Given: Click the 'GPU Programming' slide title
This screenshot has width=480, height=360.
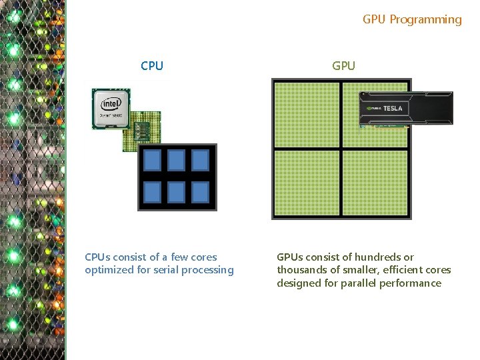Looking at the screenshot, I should tap(412, 19).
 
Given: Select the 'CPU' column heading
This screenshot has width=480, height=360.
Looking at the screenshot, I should tap(152, 66).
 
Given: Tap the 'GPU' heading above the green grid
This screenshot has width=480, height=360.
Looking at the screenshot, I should tap(343, 66).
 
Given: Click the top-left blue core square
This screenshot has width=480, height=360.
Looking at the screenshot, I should tap(153, 160).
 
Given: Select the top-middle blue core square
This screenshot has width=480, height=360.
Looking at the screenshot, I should tap(177, 160).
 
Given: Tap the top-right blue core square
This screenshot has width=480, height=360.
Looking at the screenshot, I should tap(200, 160).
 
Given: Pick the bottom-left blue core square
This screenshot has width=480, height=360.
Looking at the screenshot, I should tap(153, 192).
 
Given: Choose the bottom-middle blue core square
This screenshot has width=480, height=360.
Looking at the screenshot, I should tap(177, 192).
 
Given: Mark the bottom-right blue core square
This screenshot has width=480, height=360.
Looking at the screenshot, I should tap(200, 192).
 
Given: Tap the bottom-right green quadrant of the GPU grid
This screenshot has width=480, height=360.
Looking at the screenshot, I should tap(375, 183).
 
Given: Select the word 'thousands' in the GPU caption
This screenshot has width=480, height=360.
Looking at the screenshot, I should tap(301, 270).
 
